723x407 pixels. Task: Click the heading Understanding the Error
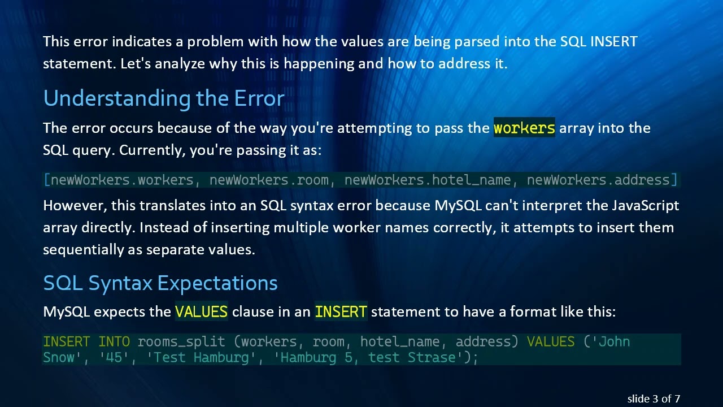(163, 99)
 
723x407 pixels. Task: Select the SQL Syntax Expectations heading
(160, 283)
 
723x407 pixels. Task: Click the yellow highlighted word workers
(524, 128)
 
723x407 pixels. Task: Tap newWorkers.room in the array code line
(269, 180)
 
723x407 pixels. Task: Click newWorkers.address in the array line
(598, 180)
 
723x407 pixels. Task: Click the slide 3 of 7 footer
(654, 399)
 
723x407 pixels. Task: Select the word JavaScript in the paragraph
(645, 205)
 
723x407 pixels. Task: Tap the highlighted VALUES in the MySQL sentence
(201, 311)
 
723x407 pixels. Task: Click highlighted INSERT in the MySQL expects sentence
(341, 311)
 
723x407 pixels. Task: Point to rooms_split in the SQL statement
(181, 342)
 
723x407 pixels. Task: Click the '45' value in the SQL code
(114, 358)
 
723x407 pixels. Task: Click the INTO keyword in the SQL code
(114, 342)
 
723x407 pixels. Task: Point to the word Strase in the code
(435, 358)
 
